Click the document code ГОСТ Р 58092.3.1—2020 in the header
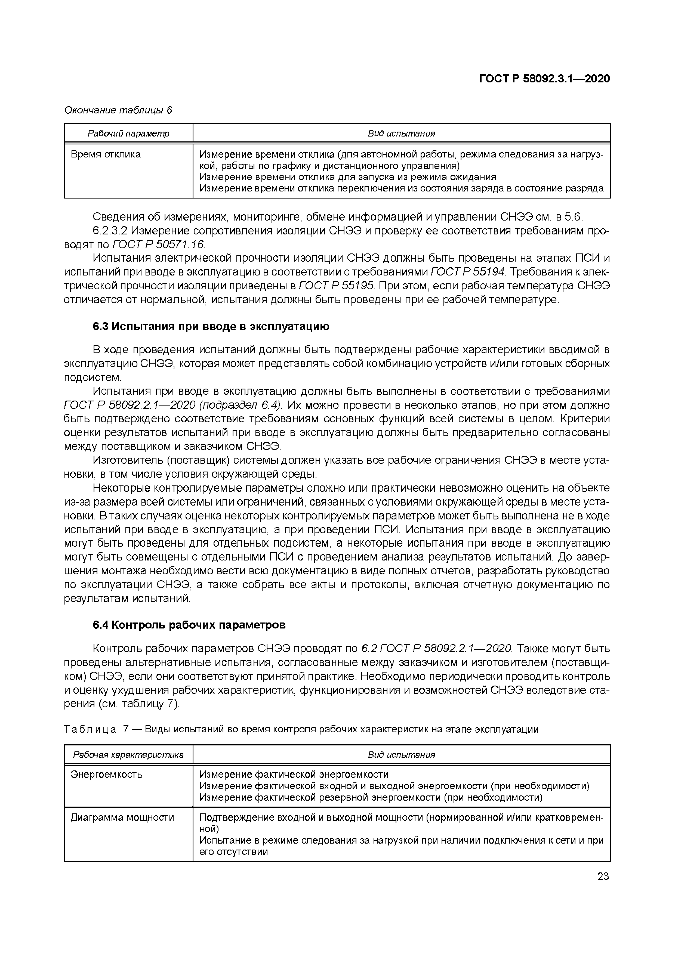[544, 79]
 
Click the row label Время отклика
[106, 154]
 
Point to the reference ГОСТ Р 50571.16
[158, 244]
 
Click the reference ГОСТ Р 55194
[468, 272]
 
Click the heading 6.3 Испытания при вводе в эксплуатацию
[211, 327]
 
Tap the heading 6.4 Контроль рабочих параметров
[189, 625]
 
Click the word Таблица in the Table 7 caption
[90, 729]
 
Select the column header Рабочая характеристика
[128, 755]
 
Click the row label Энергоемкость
[106, 775]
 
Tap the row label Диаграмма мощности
[122, 818]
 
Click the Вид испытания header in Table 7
[401, 755]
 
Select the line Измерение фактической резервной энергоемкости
[371, 797]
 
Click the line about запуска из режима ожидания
[347, 177]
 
